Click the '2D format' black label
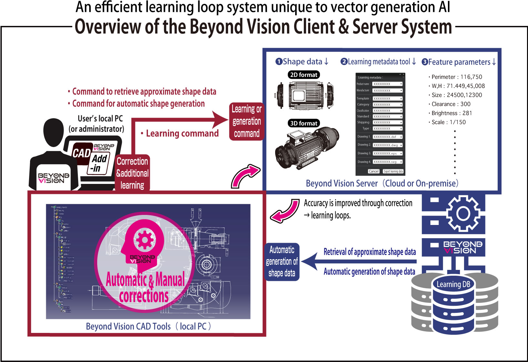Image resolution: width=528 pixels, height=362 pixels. (x=304, y=75)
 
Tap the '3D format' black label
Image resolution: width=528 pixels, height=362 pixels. (x=304, y=123)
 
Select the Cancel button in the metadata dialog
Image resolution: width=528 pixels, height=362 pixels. (x=374, y=171)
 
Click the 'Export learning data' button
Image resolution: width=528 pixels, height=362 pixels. (x=393, y=171)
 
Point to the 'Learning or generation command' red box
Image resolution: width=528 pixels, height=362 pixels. (x=247, y=122)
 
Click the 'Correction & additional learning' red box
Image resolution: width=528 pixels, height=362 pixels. (x=132, y=173)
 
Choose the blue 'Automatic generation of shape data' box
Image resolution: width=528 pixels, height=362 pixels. (x=282, y=261)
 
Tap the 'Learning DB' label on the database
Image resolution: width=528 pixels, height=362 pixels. (x=453, y=284)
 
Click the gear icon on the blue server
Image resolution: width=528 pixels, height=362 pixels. (x=463, y=213)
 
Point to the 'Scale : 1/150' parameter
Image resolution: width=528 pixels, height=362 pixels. (x=449, y=122)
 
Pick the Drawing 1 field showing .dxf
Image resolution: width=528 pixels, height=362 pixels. (x=388, y=137)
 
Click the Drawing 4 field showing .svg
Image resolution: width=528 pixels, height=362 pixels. (x=388, y=162)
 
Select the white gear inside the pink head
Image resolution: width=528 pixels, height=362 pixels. (x=144, y=240)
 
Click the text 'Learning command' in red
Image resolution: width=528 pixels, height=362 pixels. (x=182, y=133)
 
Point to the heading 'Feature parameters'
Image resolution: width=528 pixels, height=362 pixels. (x=459, y=62)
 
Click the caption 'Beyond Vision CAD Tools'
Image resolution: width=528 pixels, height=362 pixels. (x=128, y=326)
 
